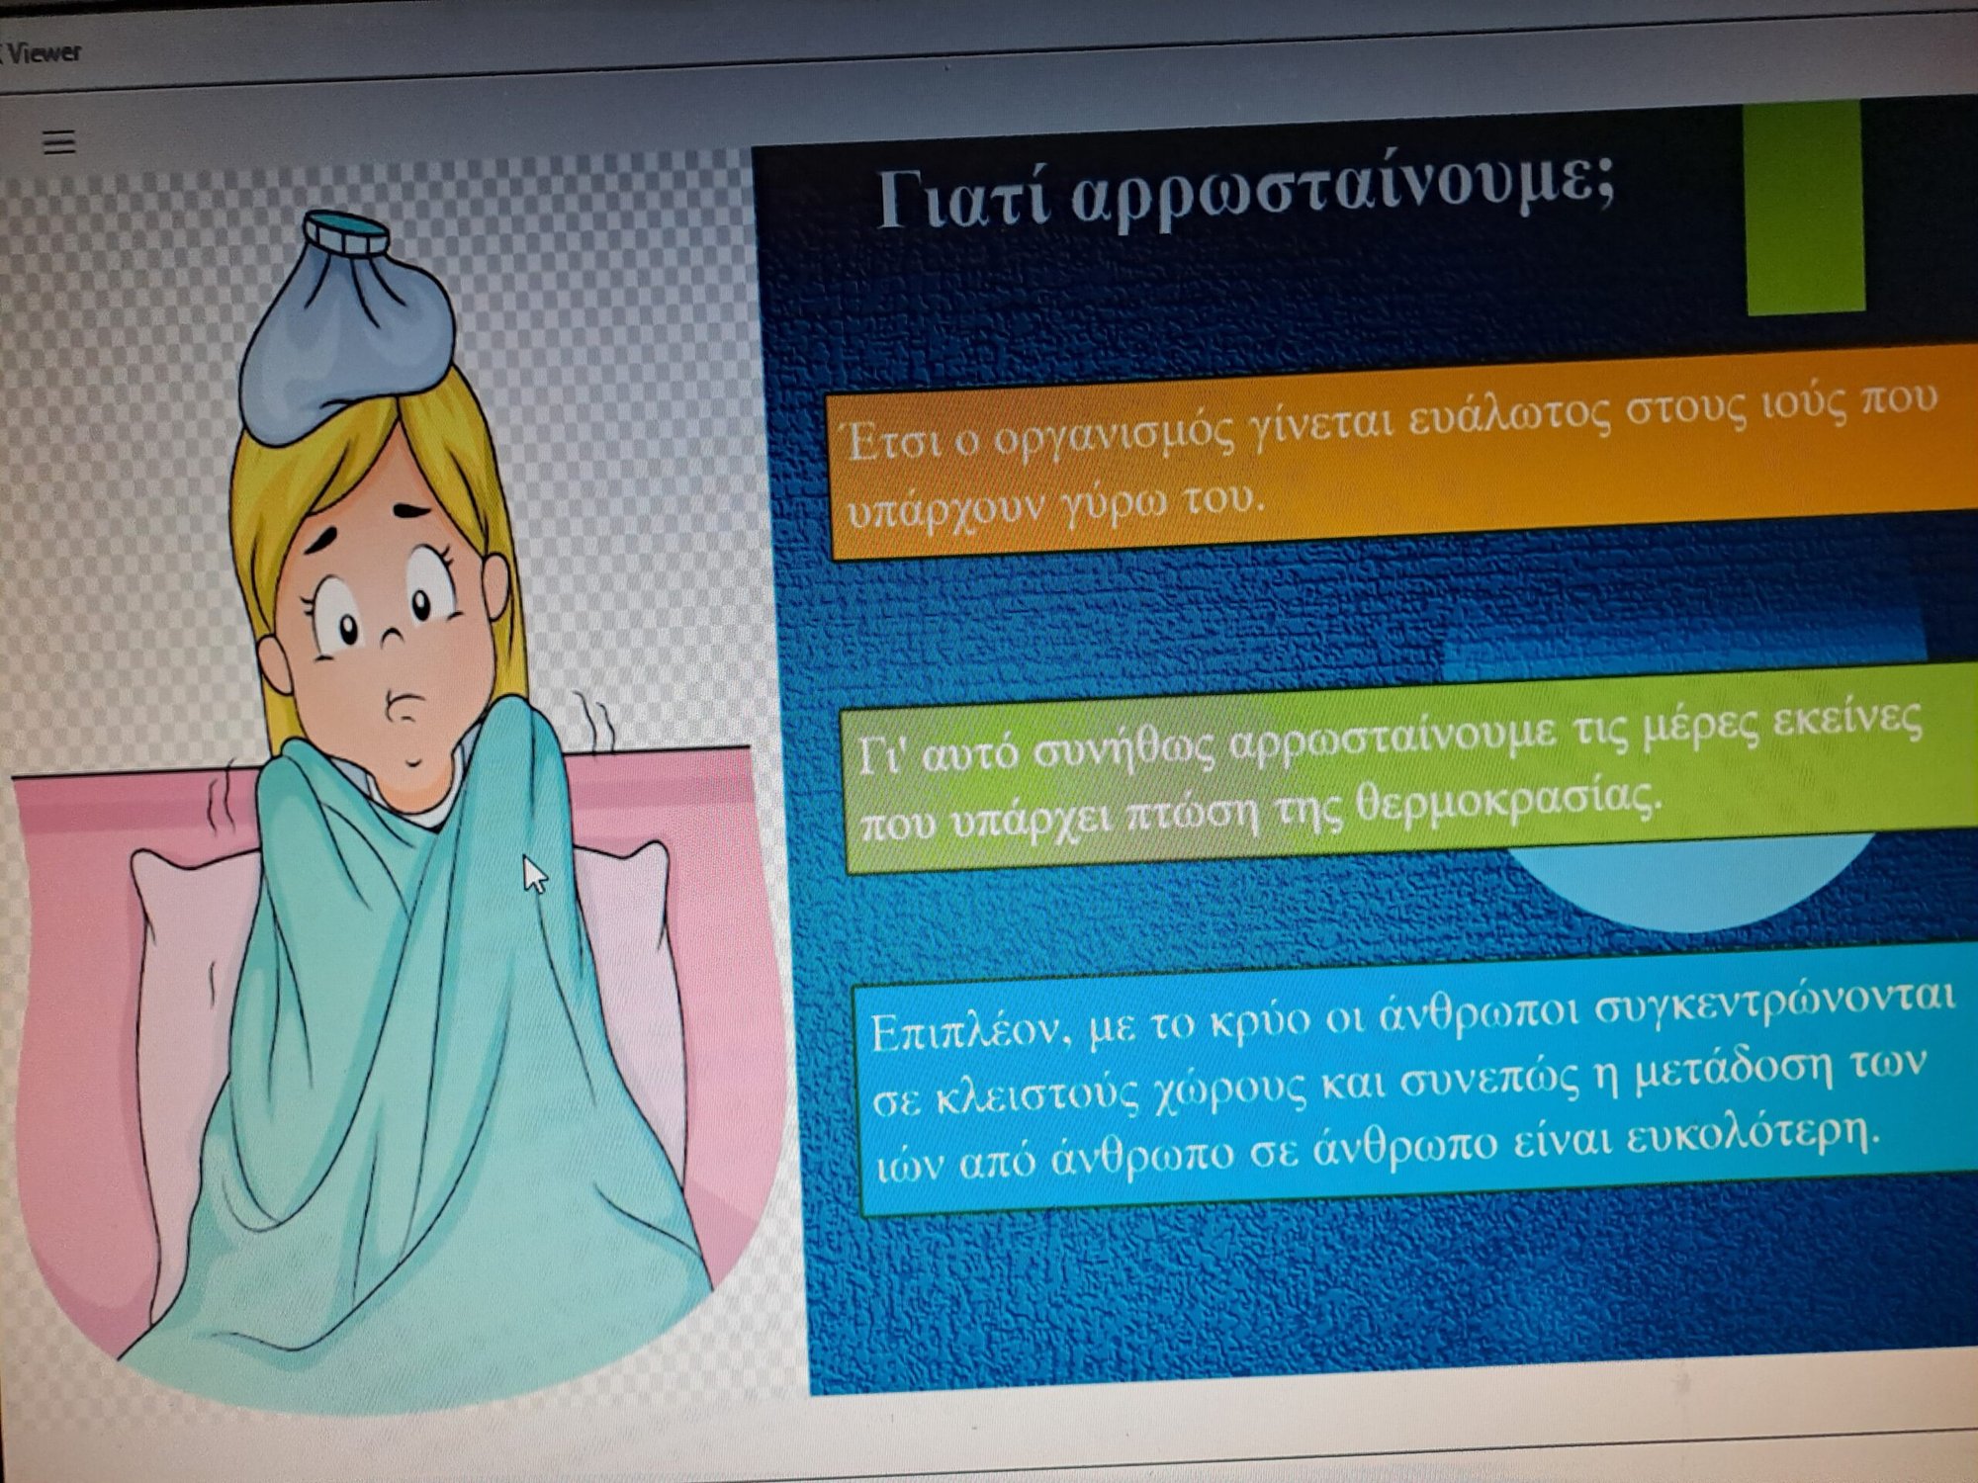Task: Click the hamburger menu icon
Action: (59, 142)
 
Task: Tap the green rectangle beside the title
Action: (1805, 209)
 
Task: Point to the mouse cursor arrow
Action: (534, 874)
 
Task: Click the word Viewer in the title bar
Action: (45, 51)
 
